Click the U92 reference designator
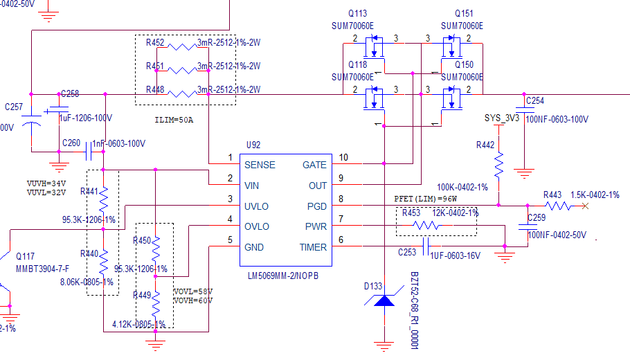[253, 146]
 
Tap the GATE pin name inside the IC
[314, 165]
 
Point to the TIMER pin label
[313, 247]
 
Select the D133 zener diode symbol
[383, 300]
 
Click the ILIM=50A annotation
[174, 120]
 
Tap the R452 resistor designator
[155, 43]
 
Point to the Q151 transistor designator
[464, 14]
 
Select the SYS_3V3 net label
[501, 118]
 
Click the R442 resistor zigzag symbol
[498, 165]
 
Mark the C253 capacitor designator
[407, 253]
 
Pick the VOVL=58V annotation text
[192, 291]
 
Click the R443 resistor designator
[552, 195]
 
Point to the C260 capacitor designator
[71, 143]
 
